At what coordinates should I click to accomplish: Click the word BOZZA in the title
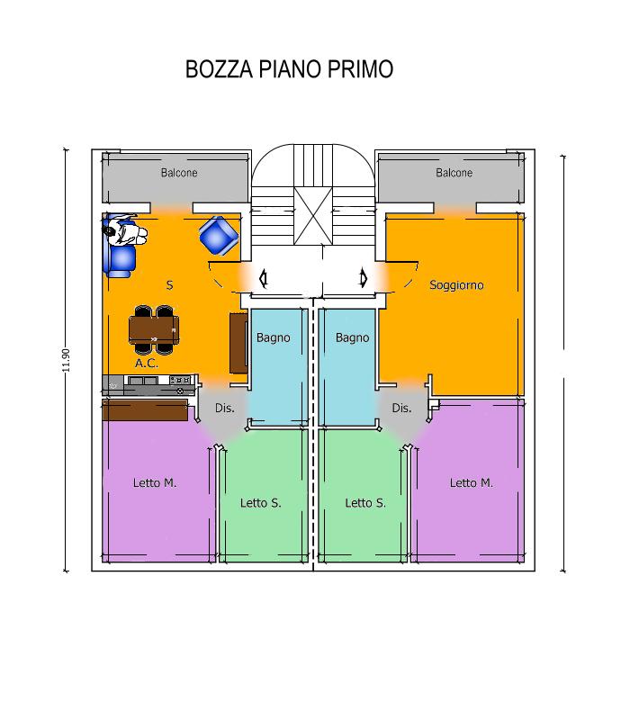(219, 69)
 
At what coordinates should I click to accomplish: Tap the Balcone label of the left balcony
(179, 173)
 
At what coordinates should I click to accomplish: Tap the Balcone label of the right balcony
(454, 173)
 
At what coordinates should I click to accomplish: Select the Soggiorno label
(456, 285)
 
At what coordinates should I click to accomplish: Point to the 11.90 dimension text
(66, 361)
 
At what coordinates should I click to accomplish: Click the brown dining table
(154, 329)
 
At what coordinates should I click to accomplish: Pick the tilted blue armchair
(219, 236)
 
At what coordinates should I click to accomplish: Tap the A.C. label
(147, 364)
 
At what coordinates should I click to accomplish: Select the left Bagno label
(274, 338)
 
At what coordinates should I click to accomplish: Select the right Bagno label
(352, 338)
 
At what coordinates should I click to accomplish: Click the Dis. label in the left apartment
(225, 409)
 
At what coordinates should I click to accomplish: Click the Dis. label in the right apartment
(401, 409)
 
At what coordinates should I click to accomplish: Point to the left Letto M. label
(155, 483)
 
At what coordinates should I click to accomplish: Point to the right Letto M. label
(471, 483)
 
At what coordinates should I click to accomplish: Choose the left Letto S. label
(260, 503)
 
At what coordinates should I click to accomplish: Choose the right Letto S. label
(365, 503)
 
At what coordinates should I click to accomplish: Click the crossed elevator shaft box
(313, 216)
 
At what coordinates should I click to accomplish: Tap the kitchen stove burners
(181, 380)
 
